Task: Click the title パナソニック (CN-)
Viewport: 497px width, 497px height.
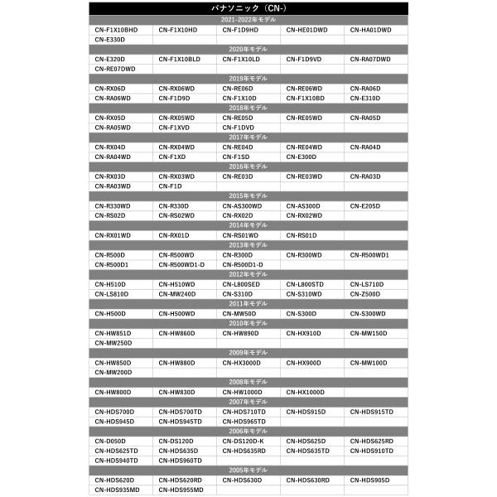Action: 248,8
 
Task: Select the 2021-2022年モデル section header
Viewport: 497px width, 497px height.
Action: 248,20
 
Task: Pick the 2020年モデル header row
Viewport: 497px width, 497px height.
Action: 248,50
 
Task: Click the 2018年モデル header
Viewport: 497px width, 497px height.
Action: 248,108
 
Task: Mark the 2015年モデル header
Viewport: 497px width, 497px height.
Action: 248,195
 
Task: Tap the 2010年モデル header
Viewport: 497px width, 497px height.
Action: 248,323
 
